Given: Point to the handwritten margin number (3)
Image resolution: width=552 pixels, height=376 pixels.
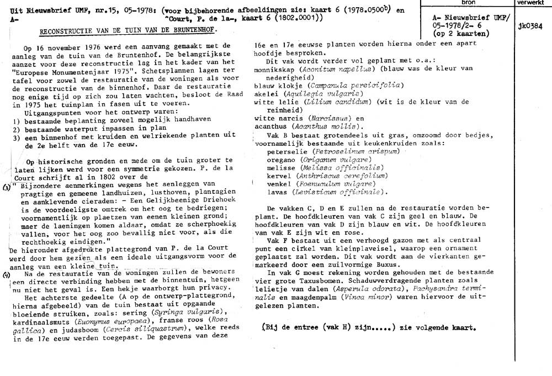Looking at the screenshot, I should (6, 188).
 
